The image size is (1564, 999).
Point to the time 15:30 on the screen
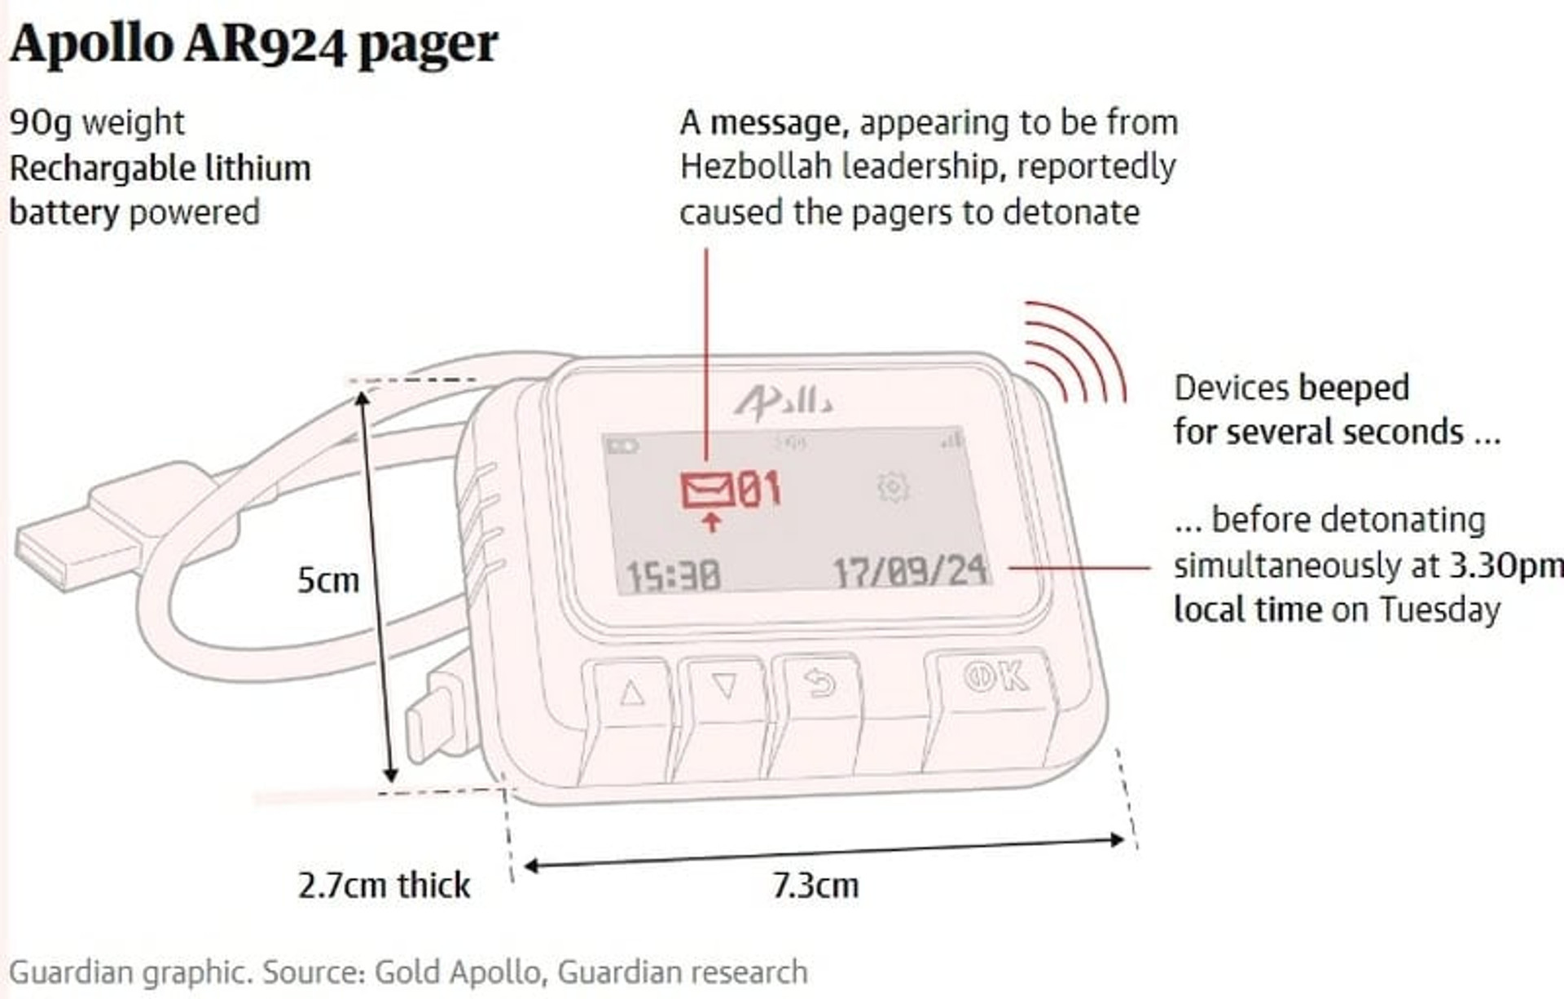(673, 575)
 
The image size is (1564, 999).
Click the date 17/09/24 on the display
(911, 570)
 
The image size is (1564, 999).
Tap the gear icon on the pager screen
(893, 487)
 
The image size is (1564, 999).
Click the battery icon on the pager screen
(624, 447)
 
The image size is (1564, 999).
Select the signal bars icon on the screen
(951, 441)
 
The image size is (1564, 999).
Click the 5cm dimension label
(328, 580)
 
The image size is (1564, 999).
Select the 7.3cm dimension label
(815, 885)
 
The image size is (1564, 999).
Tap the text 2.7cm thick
(384, 885)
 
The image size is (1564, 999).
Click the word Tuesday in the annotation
(1439, 610)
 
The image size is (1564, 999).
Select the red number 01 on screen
(759, 489)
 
